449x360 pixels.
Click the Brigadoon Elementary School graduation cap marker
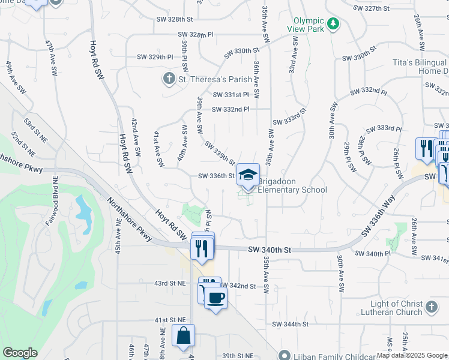coord(248,175)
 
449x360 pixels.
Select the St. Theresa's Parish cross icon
coord(170,79)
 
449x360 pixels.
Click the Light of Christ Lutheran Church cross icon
coord(431,307)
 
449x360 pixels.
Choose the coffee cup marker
coord(215,297)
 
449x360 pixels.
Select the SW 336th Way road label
coord(378,217)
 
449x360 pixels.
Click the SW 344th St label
coord(290,324)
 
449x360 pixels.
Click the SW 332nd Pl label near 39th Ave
coord(231,109)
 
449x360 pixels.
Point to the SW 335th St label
coord(219,153)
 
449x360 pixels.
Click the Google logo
coord(20,353)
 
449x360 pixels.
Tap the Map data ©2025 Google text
coord(411,355)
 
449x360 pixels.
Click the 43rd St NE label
coord(169,283)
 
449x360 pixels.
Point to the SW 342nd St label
coord(238,286)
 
